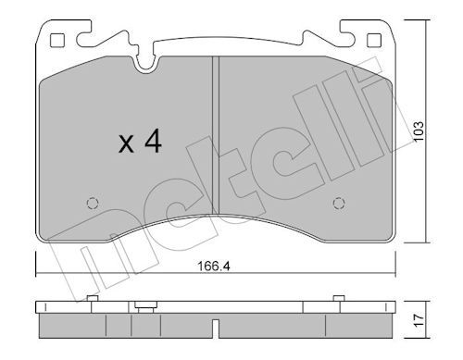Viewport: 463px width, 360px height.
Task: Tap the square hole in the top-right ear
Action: point(374,40)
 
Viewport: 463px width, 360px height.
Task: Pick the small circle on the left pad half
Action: point(91,205)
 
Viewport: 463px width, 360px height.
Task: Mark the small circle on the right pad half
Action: point(338,205)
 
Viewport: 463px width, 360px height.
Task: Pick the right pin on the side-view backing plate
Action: point(334,299)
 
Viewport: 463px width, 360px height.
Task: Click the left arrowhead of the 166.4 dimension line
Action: point(39,271)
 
